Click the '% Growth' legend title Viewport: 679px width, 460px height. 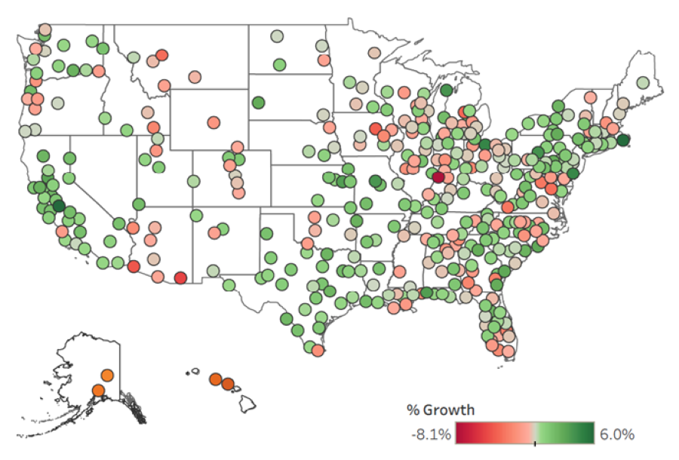441,410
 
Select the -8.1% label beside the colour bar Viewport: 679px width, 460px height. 431,434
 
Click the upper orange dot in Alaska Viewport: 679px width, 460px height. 107,375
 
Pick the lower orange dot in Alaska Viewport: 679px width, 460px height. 98,391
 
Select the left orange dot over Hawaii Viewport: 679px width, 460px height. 216,379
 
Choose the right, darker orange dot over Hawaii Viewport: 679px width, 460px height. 228,385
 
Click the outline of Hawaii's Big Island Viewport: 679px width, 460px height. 249,404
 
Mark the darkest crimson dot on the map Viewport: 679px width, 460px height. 438,178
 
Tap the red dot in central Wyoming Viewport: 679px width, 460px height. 214,122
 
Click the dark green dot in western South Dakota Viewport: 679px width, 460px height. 258,103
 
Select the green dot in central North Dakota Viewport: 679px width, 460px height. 279,65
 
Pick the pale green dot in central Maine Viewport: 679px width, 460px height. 643,83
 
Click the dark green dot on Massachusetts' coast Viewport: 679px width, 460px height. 623,140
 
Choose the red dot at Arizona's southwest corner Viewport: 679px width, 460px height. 134,266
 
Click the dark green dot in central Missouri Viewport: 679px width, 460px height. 375,181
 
